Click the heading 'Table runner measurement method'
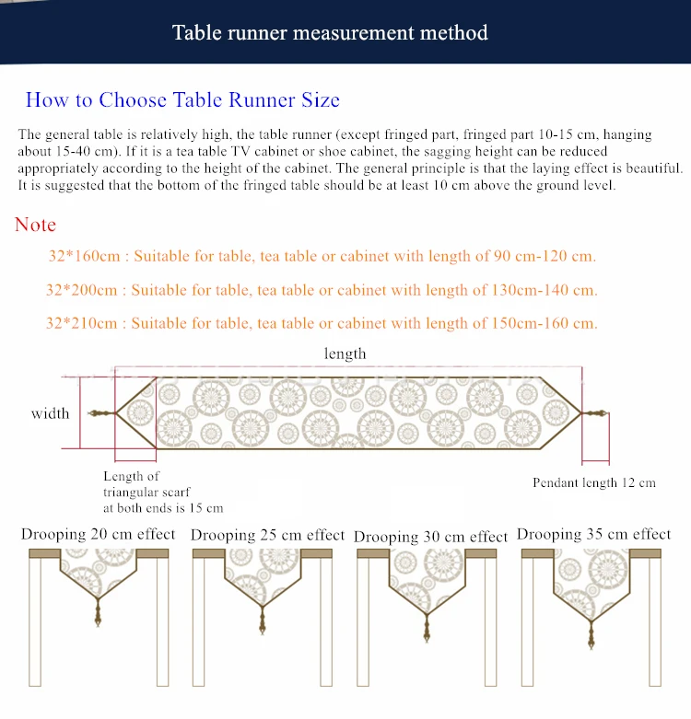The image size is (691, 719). tap(330, 33)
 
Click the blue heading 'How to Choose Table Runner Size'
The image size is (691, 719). tap(182, 100)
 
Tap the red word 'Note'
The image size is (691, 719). tap(35, 225)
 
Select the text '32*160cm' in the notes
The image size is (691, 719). tap(85, 256)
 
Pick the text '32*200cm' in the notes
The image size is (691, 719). tap(82, 290)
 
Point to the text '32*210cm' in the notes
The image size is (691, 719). tap(82, 323)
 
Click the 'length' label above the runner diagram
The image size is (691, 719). tap(345, 354)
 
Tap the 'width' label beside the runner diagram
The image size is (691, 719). tap(51, 413)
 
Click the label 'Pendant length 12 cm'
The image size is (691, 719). tap(594, 482)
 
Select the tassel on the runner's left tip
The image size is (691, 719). tap(102, 413)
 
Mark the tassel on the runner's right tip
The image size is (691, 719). tap(594, 413)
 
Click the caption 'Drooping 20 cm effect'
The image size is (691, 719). tap(99, 534)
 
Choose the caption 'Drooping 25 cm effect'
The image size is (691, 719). tap(267, 535)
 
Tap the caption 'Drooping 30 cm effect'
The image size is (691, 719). tap(431, 537)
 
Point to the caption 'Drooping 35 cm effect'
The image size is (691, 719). tap(593, 534)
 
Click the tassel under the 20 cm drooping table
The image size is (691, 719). tap(98, 612)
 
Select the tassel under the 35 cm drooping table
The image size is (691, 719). tap(591, 635)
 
